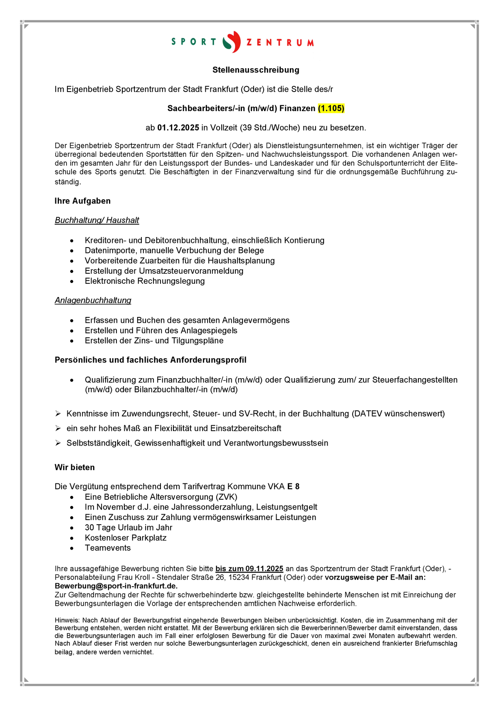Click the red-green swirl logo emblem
coord(232,42)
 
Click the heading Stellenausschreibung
coord(256,70)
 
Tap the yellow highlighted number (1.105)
coord(331,109)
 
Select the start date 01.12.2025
coord(178,128)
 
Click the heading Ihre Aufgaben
coord(82,201)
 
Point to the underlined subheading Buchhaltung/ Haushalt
coord(97,220)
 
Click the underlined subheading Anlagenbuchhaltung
coord(93,300)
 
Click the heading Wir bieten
coord(74,467)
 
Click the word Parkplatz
coord(148,538)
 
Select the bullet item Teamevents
coord(108,548)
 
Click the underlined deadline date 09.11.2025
coord(264,569)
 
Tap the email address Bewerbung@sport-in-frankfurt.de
coord(116,586)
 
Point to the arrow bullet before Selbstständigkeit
coord(58,443)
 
